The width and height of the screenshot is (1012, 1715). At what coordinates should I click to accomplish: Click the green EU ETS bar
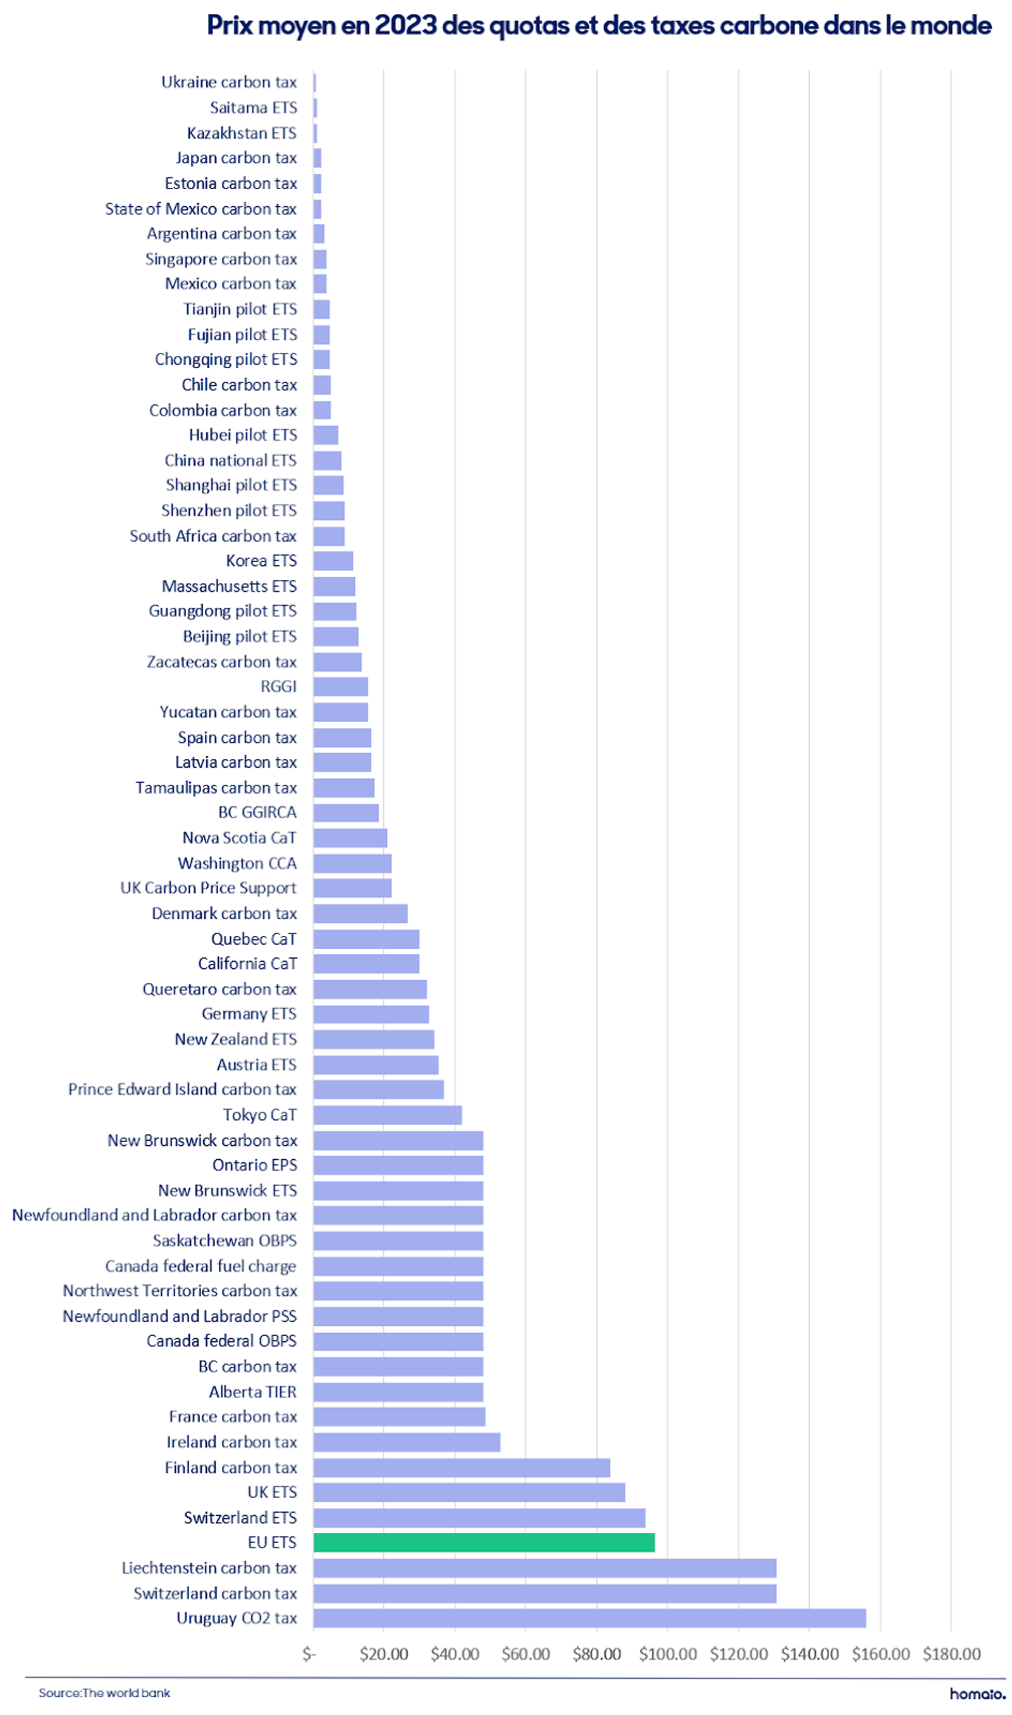(484, 1542)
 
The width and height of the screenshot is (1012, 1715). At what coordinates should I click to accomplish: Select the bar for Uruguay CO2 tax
(590, 1618)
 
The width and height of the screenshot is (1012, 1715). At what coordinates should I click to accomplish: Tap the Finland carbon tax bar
(462, 1468)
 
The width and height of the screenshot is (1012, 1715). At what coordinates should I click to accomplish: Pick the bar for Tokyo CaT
(388, 1115)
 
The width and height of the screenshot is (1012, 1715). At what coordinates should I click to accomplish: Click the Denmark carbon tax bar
(361, 913)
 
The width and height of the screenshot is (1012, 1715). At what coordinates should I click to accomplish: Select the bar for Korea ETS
(333, 561)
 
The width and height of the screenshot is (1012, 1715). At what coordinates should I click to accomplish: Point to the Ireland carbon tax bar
(407, 1442)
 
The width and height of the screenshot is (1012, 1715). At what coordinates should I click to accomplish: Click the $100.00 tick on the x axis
(668, 1654)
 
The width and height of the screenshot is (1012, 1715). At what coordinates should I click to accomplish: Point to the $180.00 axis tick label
(951, 1654)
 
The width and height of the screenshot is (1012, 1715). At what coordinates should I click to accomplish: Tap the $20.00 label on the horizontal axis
(384, 1654)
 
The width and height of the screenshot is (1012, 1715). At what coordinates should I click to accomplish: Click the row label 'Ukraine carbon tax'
(229, 82)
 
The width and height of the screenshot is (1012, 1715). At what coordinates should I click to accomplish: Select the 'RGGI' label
(279, 686)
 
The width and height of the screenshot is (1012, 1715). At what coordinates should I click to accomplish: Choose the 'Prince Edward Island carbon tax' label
(183, 1089)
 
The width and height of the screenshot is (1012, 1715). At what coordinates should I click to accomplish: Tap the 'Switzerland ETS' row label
(241, 1518)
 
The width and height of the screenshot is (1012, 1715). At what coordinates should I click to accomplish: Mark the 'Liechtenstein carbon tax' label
(209, 1568)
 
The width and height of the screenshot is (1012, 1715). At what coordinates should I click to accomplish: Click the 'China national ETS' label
(231, 461)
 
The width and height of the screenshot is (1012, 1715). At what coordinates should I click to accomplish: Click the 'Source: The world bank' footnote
(104, 1693)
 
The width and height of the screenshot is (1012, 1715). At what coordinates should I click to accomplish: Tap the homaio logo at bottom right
(977, 1694)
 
